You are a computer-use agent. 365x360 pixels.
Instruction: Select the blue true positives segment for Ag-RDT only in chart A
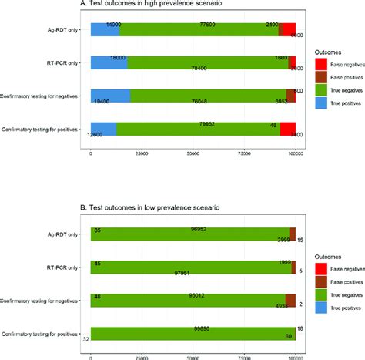105,29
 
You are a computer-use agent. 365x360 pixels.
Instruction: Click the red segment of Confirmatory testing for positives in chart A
287,129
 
